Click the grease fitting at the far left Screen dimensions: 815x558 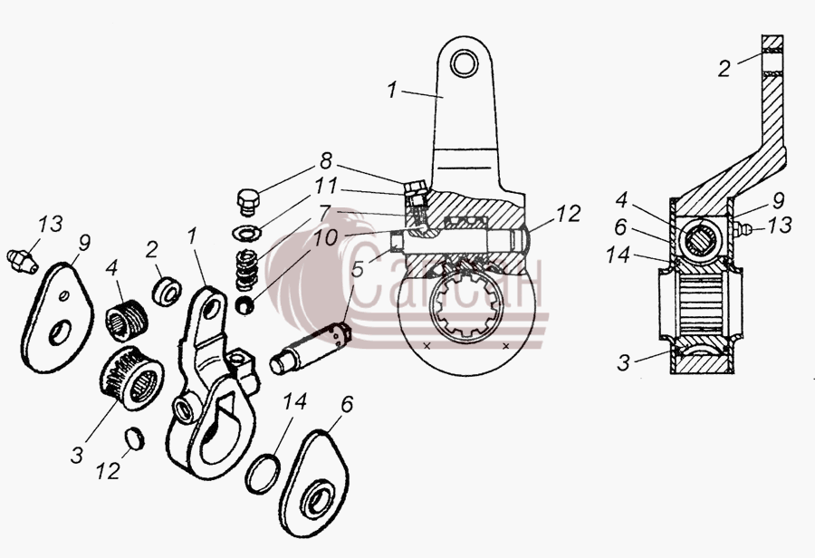coord(22,261)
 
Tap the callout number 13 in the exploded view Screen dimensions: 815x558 coord(51,224)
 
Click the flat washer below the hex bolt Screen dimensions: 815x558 coord(246,233)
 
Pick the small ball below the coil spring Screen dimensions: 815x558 coord(244,304)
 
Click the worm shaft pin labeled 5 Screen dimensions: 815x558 coord(311,348)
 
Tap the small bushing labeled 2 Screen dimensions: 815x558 coord(167,291)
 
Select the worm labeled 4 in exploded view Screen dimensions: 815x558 coord(126,321)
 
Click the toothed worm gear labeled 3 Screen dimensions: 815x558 coord(131,378)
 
